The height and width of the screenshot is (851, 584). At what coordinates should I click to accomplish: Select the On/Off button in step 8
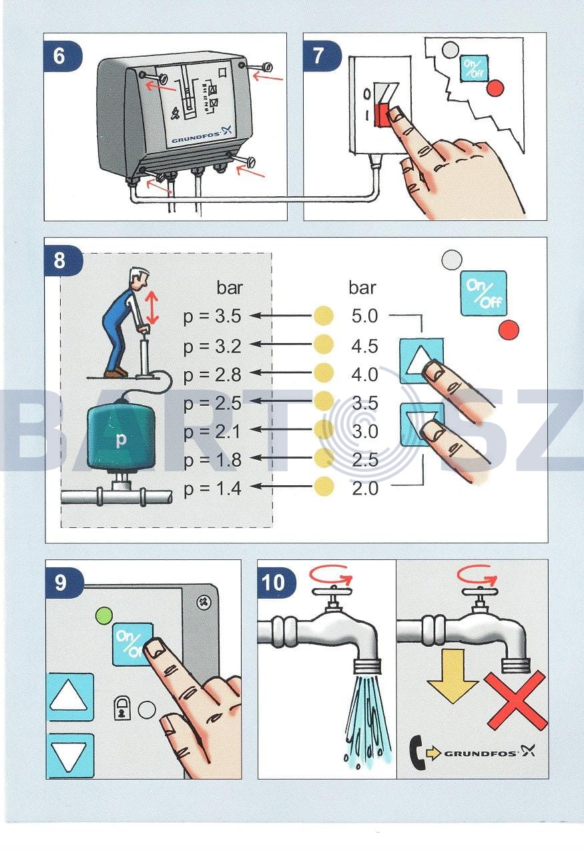click(484, 293)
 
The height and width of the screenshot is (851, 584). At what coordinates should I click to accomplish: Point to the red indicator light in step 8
click(509, 330)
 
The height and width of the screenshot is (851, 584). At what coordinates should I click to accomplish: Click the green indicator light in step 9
click(104, 614)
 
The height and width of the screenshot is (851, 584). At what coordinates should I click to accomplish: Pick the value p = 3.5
click(212, 316)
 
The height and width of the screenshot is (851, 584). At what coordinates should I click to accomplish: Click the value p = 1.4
click(212, 489)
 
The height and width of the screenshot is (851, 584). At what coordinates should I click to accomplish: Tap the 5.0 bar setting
click(364, 316)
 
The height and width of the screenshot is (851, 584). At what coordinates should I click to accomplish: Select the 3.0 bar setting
click(364, 431)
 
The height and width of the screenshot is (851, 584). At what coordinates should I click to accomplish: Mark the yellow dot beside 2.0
click(323, 488)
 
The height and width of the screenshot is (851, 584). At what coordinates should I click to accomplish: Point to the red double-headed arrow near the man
click(153, 308)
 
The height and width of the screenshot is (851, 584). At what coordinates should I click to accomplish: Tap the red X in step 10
click(516, 700)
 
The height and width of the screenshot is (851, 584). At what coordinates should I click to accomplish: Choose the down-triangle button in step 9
click(70, 756)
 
